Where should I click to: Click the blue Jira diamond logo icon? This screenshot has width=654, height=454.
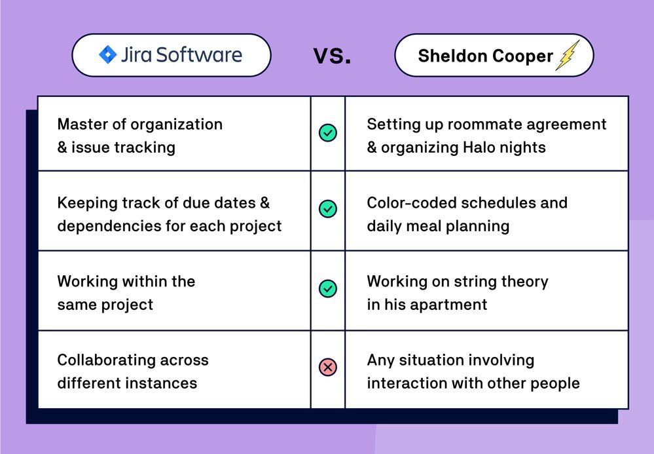tap(107, 54)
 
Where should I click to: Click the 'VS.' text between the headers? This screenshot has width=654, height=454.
tap(332, 56)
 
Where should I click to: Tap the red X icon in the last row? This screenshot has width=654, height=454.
tap(327, 368)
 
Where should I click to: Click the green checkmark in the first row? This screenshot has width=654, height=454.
tap(327, 133)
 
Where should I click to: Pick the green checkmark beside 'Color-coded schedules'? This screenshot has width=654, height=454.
tap(327, 209)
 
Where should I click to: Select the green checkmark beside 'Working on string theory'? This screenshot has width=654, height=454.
tap(327, 289)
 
